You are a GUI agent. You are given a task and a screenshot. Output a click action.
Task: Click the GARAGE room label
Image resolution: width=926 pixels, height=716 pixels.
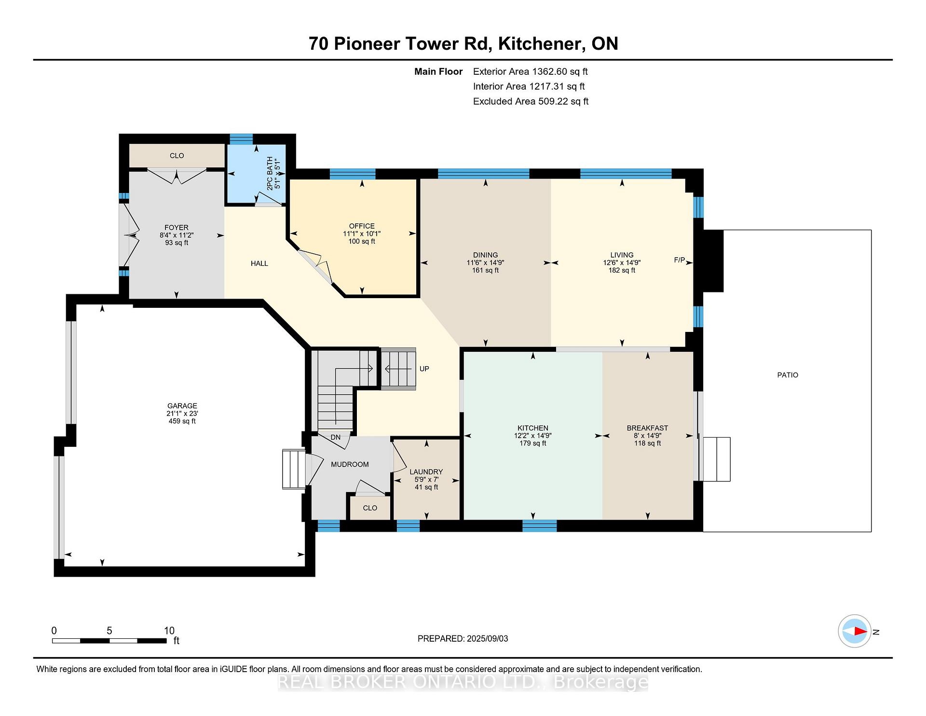(182, 406)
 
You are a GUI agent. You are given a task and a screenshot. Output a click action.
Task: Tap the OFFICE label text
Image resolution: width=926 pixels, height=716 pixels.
(362, 226)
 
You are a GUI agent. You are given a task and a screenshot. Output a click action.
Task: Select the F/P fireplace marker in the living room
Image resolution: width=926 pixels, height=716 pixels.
(679, 260)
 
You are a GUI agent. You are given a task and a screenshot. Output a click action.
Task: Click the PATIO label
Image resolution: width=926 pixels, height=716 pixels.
(788, 375)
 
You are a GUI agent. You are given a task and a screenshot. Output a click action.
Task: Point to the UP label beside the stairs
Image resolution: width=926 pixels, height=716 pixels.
(424, 369)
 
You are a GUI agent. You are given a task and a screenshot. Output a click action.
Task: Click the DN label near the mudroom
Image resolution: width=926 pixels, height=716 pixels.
(336, 437)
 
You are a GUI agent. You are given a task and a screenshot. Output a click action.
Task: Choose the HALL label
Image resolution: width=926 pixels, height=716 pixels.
(259, 263)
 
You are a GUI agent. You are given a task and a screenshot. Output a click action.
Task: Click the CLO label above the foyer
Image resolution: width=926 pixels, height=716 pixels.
(177, 155)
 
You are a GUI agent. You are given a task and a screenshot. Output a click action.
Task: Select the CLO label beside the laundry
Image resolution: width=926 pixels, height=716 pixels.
(370, 508)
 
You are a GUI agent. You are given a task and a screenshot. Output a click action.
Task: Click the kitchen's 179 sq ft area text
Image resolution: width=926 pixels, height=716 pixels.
(533, 443)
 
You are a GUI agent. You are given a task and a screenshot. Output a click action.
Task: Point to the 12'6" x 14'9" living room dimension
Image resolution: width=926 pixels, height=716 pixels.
(622, 262)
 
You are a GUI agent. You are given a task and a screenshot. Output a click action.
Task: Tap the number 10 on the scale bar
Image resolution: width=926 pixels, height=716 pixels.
(169, 631)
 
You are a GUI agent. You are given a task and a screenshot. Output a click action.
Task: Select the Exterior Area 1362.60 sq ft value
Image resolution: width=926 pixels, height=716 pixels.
(560, 71)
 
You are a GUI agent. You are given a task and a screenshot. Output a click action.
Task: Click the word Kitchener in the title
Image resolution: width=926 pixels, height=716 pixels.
(539, 43)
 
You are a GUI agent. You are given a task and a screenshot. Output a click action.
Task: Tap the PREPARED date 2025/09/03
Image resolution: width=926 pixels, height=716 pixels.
(487, 638)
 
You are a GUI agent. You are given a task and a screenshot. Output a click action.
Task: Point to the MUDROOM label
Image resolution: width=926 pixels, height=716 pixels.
(350, 464)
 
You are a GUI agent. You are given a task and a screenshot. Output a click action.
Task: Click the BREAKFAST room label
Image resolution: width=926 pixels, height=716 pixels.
(647, 428)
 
